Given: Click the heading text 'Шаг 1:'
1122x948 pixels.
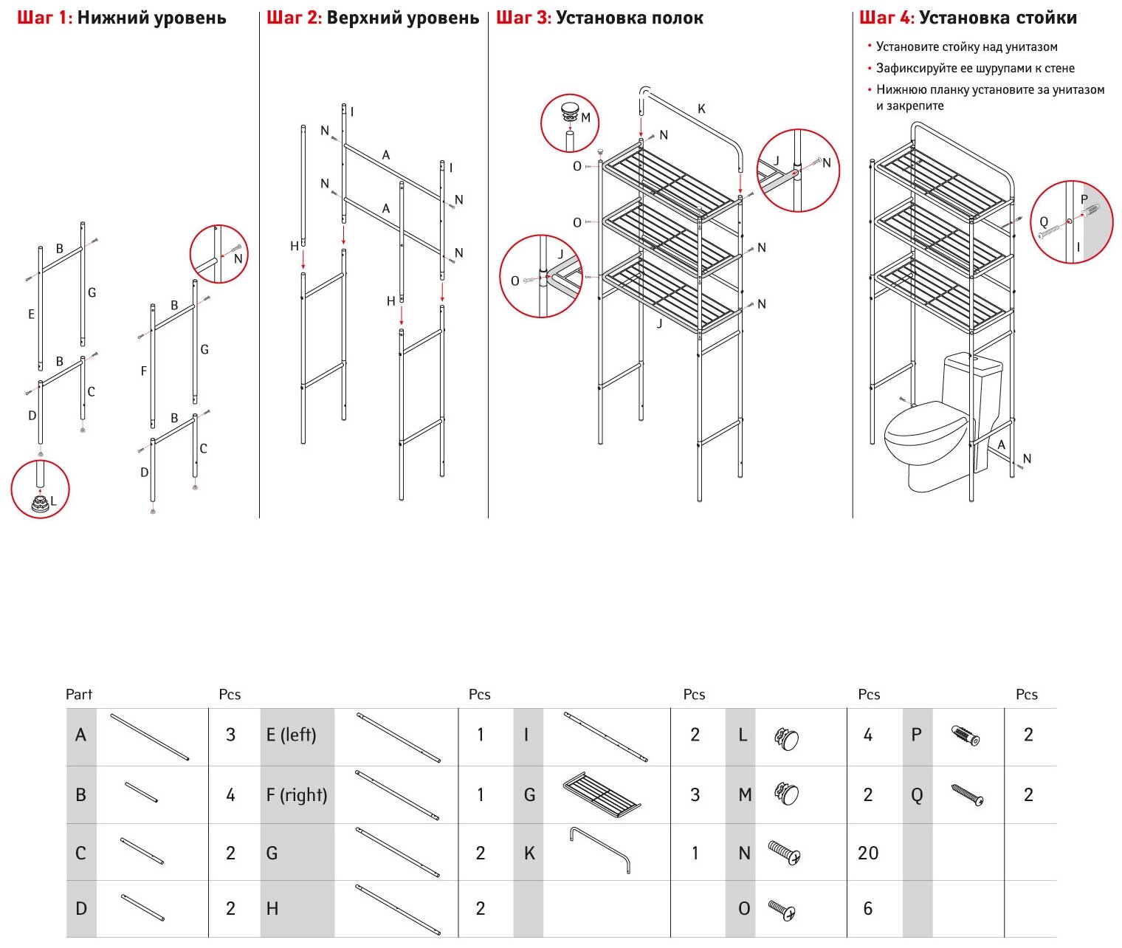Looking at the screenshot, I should coord(45,18).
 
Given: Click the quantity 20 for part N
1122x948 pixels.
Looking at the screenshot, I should coord(868,853).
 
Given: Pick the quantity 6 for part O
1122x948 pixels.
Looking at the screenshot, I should coord(868,908).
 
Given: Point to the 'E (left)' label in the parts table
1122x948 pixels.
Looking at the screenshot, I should coord(291,735).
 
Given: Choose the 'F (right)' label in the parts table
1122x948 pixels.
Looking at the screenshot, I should coord(296,795).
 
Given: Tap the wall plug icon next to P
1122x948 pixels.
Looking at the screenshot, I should coord(966,735).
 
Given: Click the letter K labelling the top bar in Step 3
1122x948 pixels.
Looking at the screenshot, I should coord(701,109).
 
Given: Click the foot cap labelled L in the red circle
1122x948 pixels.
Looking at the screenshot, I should coord(39,504).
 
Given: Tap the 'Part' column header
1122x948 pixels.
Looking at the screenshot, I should coord(79,694).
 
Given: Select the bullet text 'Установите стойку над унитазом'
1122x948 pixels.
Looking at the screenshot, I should coord(966,47).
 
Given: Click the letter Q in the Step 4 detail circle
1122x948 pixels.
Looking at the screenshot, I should coord(1043,221).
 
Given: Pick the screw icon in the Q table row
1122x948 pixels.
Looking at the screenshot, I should coord(967,795).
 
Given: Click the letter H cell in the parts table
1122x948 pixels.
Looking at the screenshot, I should coord(272,908).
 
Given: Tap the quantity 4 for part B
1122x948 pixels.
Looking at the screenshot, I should coord(230,795).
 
